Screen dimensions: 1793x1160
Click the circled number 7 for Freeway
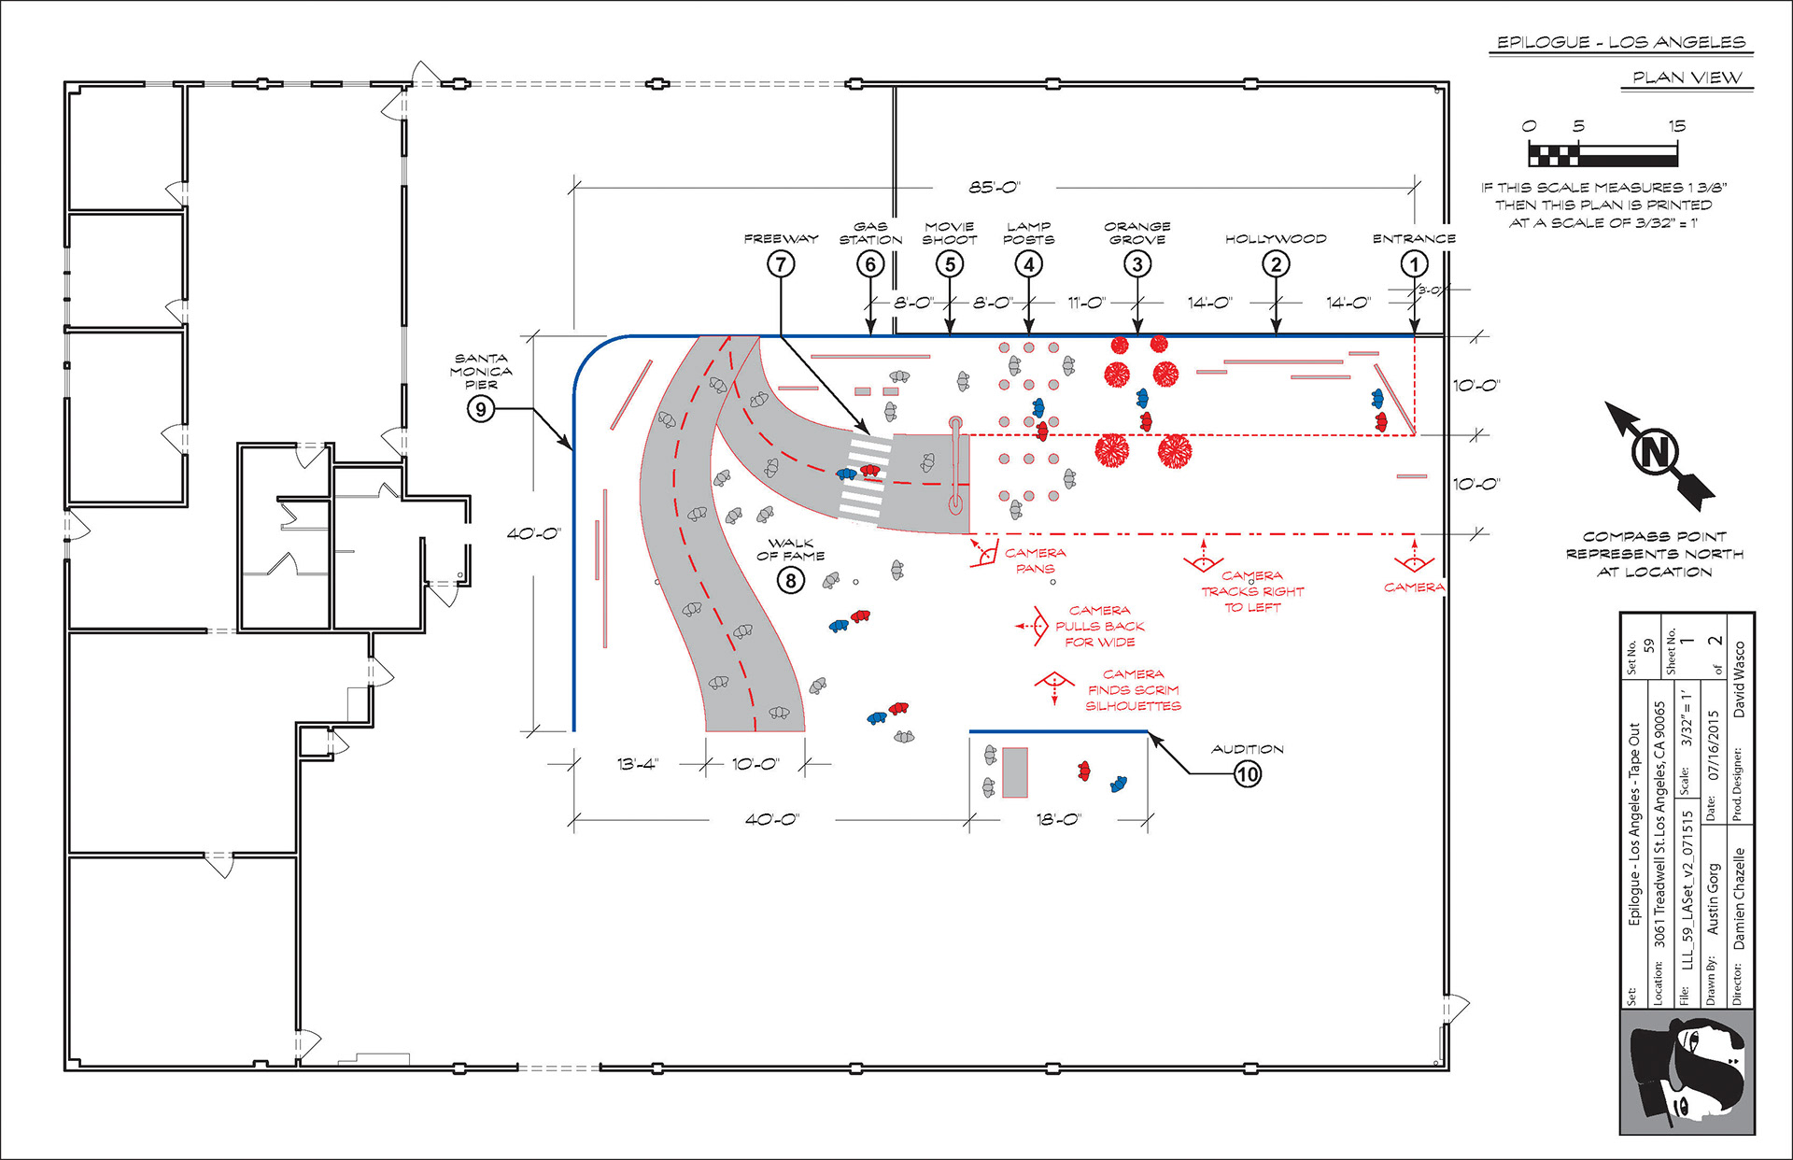781,264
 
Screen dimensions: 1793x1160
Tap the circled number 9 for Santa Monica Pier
481,408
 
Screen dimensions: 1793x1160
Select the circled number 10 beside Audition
1248,773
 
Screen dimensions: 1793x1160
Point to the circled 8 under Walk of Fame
791,581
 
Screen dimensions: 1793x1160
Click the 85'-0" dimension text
995,187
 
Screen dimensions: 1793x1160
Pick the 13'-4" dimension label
638,764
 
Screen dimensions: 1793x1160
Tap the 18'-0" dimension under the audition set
1058,819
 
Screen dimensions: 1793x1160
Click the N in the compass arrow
1655,452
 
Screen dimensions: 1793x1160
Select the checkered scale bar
1602,153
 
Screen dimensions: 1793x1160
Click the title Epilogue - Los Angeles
1621,42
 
